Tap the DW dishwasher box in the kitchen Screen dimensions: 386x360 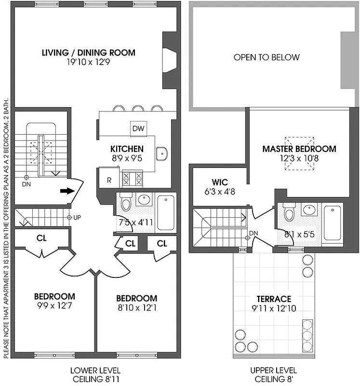pos(138,129)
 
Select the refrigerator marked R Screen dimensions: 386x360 pos(108,180)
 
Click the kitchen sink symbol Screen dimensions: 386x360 pos(162,153)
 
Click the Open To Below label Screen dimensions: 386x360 pos(267,57)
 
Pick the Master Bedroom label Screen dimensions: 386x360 pos(299,149)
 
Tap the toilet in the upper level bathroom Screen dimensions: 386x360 pos(290,212)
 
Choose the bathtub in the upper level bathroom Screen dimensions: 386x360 pos(333,222)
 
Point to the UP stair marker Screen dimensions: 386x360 pos(73,217)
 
